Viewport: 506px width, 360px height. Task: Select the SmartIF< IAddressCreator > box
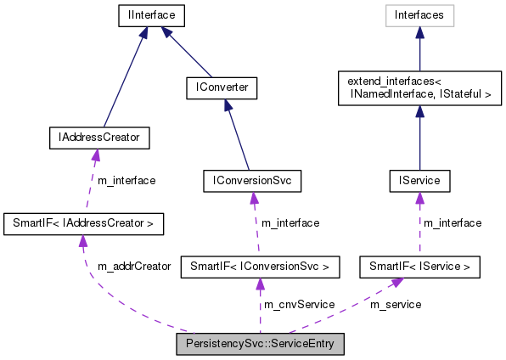(83, 224)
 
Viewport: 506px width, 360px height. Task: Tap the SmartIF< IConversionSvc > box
(261, 267)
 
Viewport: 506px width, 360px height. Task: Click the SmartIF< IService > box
(419, 267)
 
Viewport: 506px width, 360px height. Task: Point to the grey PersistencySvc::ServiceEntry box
(260, 345)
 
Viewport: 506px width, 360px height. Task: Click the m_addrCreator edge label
(134, 266)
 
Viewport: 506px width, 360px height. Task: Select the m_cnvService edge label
(298, 304)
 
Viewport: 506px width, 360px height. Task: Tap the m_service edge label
(395, 304)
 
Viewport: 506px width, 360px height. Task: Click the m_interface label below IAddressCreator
(126, 180)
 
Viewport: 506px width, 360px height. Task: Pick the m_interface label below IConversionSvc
(290, 223)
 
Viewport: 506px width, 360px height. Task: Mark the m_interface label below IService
(452, 223)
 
